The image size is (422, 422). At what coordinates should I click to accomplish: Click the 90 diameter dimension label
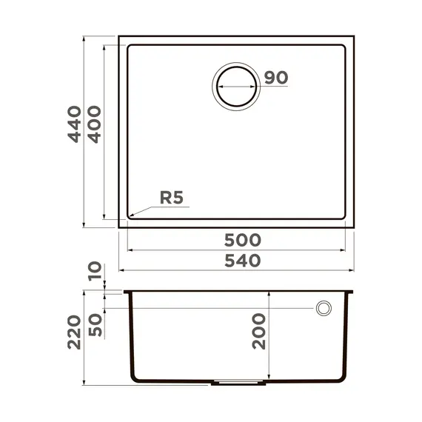pyautogui.click(x=275, y=78)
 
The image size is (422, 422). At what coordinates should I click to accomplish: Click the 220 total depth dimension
pyautogui.click(x=73, y=332)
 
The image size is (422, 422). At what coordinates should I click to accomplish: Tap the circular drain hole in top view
pyautogui.click(x=236, y=86)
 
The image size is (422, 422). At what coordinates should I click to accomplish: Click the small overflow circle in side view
pyautogui.click(x=324, y=308)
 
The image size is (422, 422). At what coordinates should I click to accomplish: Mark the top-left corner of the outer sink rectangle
pyautogui.click(x=119, y=36)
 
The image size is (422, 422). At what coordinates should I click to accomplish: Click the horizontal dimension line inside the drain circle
pyautogui.click(x=236, y=87)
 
